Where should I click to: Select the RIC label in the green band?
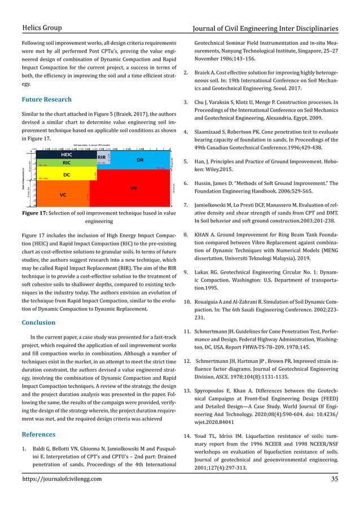tap(66, 162)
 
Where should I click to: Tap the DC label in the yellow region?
tap(66, 174)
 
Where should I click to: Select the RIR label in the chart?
tap(102, 157)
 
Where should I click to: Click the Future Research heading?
tap(46, 100)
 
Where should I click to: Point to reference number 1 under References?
tap(24, 450)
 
